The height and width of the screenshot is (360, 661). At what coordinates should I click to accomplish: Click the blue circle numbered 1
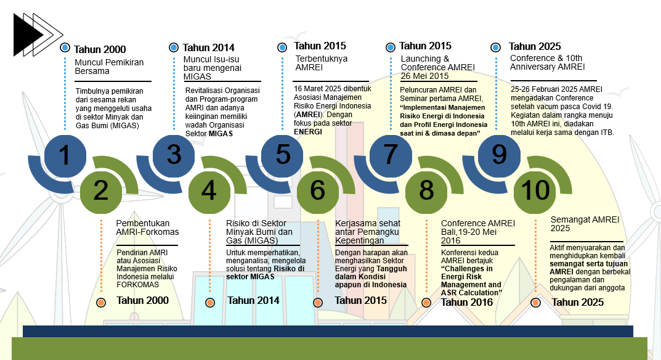(x=65, y=154)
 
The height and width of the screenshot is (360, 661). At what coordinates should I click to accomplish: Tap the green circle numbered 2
(x=100, y=191)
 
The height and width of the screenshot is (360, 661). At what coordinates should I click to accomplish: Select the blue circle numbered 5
(x=282, y=154)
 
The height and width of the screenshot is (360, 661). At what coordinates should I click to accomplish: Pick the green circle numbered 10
(x=534, y=191)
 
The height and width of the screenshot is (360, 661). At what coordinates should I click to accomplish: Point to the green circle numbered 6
(x=317, y=191)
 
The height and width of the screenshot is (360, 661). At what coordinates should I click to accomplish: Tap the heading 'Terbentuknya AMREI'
(x=321, y=63)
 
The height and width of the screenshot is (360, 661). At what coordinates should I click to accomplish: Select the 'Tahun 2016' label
(x=467, y=302)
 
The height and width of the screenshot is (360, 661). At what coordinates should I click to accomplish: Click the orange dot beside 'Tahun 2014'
(x=210, y=302)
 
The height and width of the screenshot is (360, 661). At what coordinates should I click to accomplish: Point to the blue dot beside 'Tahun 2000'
(x=65, y=47)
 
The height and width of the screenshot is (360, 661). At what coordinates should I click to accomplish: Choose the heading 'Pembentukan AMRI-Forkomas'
(x=147, y=227)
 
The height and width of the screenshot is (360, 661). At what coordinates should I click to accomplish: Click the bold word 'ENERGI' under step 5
(x=308, y=132)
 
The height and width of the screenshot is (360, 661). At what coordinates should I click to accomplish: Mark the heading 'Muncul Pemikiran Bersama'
(x=110, y=67)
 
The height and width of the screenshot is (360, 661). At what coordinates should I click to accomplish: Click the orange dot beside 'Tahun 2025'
(x=535, y=302)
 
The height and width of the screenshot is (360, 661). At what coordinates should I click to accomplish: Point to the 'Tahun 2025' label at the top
(x=535, y=46)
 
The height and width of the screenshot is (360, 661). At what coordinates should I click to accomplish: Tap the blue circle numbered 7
(x=390, y=154)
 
